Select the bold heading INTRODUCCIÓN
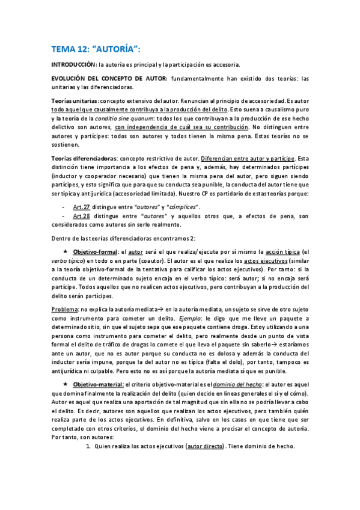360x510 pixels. pyautogui.click(x=72, y=64)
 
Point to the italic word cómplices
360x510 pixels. pyautogui.click(x=181, y=206)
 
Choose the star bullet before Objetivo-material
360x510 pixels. pyautogui.click(x=66, y=384)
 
